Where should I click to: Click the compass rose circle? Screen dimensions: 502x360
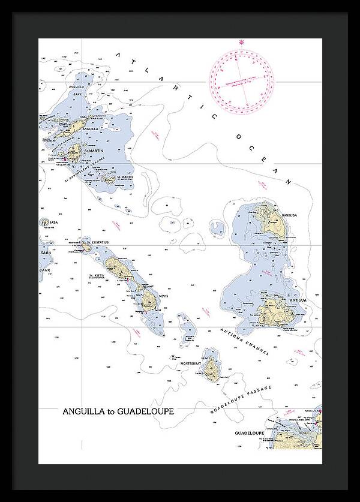[241, 81]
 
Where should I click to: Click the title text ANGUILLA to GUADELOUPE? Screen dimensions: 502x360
[118, 412]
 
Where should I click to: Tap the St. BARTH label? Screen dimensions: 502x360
[124, 177]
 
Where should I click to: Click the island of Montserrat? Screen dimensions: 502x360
[211, 368]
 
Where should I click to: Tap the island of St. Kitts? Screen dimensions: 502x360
[118, 267]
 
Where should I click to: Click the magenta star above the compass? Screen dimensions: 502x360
[242, 41]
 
